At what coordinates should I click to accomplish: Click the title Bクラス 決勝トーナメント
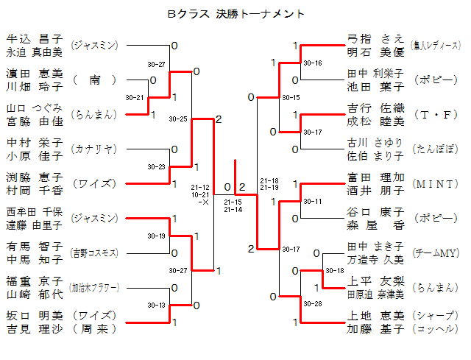click(x=235, y=14)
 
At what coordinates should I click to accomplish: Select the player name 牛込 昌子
click(x=35, y=39)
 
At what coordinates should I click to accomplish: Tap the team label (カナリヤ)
click(x=94, y=149)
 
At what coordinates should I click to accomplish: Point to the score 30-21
click(x=135, y=97)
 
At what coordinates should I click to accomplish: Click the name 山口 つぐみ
click(x=35, y=107)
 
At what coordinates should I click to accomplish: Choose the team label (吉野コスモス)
click(x=94, y=253)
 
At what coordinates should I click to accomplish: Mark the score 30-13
click(x=157, y=305)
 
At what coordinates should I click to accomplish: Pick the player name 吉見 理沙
click(x=35, y=328)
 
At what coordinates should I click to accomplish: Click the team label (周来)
click(x=94, y=328)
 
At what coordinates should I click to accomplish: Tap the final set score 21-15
click(x=233, y=201)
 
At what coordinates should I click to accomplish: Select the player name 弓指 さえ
click(x=375, y=39)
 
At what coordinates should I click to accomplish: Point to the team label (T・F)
click(x=436, y=115)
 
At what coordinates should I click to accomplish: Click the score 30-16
click(x=313, y=63)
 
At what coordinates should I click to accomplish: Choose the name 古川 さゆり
click(x=375, y=142)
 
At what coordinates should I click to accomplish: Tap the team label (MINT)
click(x=436, y=183)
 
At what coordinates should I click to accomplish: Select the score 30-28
click(x=313, y=304)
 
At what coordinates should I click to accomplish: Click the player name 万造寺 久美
click(x=375, y=259)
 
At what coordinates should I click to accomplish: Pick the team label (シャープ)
click(x=436, y=315)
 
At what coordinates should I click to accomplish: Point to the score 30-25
click(x=178, y=119)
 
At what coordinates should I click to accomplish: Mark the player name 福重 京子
click(x=35, y=280)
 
